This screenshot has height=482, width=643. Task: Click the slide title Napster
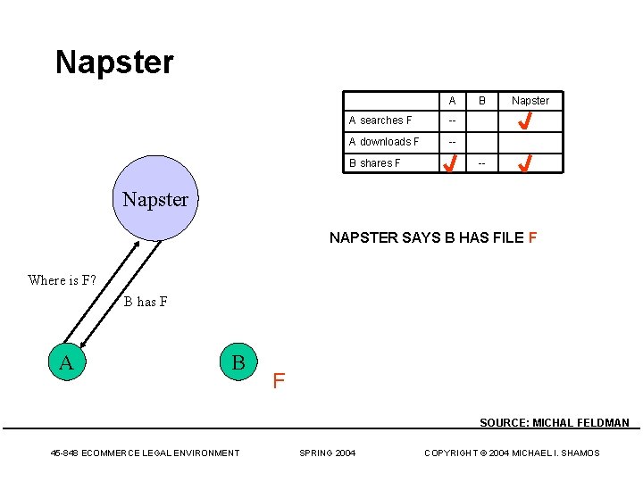(x=114, y=62)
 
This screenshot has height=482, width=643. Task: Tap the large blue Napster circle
(x=154, y=198)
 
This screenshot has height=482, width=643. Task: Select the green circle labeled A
(x=66, y=362)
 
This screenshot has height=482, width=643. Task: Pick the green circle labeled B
(x=238, y=362)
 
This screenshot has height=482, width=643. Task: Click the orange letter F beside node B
(x=279, y=382)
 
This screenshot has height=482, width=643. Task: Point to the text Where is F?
(x=62, y=280)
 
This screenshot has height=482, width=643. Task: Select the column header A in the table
(x=453, y=101)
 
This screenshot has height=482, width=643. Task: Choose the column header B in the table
(x=482, y=101)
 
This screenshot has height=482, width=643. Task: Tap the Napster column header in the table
(x=530, y=101)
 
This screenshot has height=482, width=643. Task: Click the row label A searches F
(x=380, y=120)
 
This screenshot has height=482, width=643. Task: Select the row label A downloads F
(x=384, y=142)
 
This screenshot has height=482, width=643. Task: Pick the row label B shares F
(x=375, y=163)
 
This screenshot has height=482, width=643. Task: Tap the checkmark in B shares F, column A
(x=453, y=163)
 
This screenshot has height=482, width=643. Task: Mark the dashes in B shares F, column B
(x=482, y=163)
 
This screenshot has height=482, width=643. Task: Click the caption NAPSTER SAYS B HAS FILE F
(x=433, y=238)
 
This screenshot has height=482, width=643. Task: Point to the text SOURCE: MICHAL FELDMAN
(x=554, y=423)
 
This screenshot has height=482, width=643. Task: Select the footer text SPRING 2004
(x=327, y=453)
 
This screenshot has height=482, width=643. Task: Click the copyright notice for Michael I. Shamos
(x=512, y=453)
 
